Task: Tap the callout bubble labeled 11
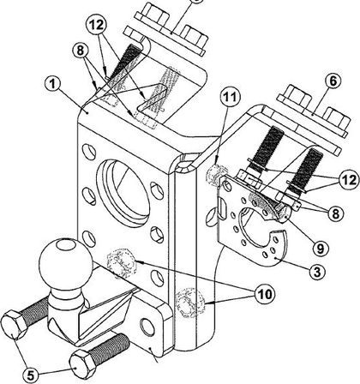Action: tap(230, 97)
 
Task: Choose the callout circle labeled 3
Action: tap(317, 272)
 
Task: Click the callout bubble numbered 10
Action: tap(264, 294)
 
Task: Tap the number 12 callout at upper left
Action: tap(96, 25)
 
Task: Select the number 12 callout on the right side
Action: tap(348, 181)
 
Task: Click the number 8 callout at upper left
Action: tap(80, 51)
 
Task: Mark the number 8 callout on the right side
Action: tap(335, 213)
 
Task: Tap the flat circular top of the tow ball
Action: tap(67, 245)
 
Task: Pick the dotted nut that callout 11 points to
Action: tap(216, 174)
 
